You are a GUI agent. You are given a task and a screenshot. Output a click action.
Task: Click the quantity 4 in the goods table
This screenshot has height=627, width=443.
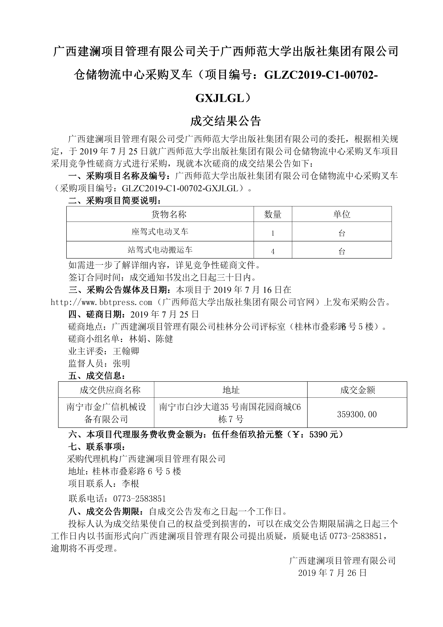tap(273, 251)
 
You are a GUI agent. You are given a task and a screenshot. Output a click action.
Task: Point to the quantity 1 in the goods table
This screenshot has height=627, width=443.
tap(273, 233)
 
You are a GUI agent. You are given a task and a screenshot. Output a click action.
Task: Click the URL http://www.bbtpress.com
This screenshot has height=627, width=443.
tap(102, 302)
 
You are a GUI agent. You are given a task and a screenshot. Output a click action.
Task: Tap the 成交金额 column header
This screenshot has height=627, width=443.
tap(357, 390)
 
